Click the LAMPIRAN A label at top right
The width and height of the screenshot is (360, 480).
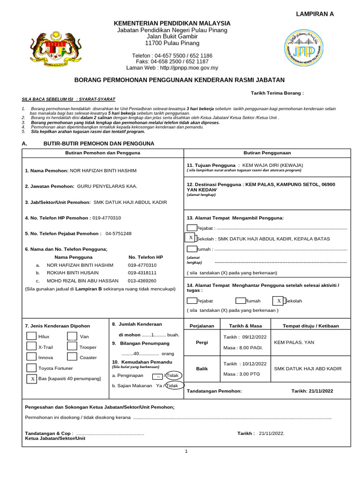pos(315,14)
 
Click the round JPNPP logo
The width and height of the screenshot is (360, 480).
pos(307,49)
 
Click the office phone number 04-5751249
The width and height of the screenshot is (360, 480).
pos(118,233)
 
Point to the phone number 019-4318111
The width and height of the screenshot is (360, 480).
pos(142,272)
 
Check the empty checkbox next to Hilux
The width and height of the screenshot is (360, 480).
pos(31,336)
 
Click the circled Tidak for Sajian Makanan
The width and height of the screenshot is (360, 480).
pos(173,385)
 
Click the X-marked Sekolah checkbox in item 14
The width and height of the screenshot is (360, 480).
pos(279,300)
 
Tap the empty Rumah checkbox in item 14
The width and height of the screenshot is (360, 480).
pos(240,300)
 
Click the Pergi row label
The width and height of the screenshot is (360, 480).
pos(201,342)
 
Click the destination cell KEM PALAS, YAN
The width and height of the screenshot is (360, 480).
pos(293,343)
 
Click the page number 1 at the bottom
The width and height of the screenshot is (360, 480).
pos(186,451)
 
